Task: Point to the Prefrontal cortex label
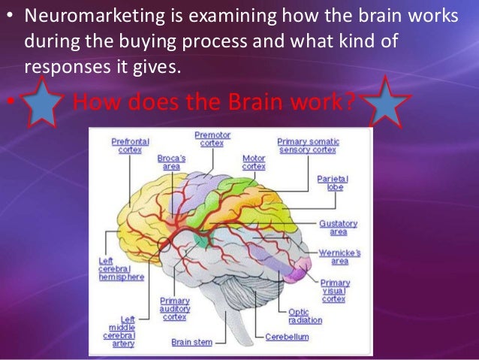[x=130, y=145]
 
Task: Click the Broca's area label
[x=172, y=163]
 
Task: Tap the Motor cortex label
[x=254, y=162]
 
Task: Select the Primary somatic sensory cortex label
[x=308, y=145]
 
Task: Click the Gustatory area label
[x=338, y=228]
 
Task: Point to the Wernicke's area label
[x=338, y=256]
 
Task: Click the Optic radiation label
[x=304, y=316]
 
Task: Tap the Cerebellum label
[x=287, y=337]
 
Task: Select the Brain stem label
[x=191, y=342]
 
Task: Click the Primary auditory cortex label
[x=175, y=308]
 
